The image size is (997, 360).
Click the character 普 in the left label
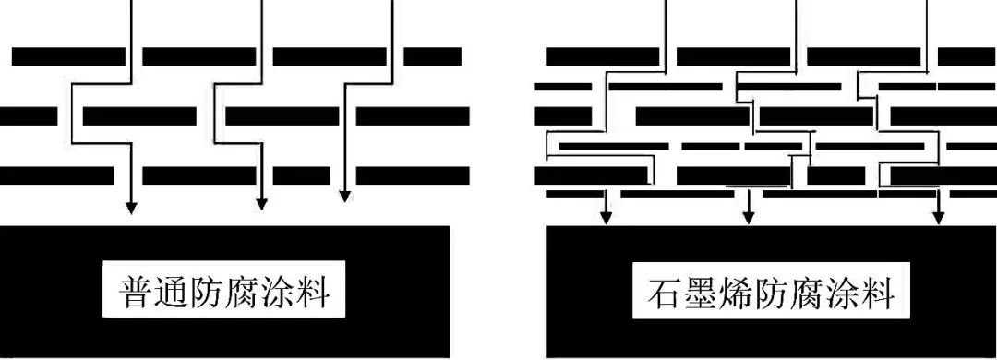(x=138, y=294)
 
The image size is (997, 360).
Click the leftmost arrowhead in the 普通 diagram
(x=130, y=206)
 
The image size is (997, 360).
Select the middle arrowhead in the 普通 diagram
(x=262, y=202)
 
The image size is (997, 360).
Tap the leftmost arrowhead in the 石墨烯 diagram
(x=606, y=217)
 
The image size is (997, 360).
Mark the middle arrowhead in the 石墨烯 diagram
(x=748, y=217)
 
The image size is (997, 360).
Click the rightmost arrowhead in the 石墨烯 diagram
(x=939, y=217)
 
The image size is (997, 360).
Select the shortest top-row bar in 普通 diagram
(x=432, y=56)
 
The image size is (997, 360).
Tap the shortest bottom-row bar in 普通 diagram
(x=301, y=174)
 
